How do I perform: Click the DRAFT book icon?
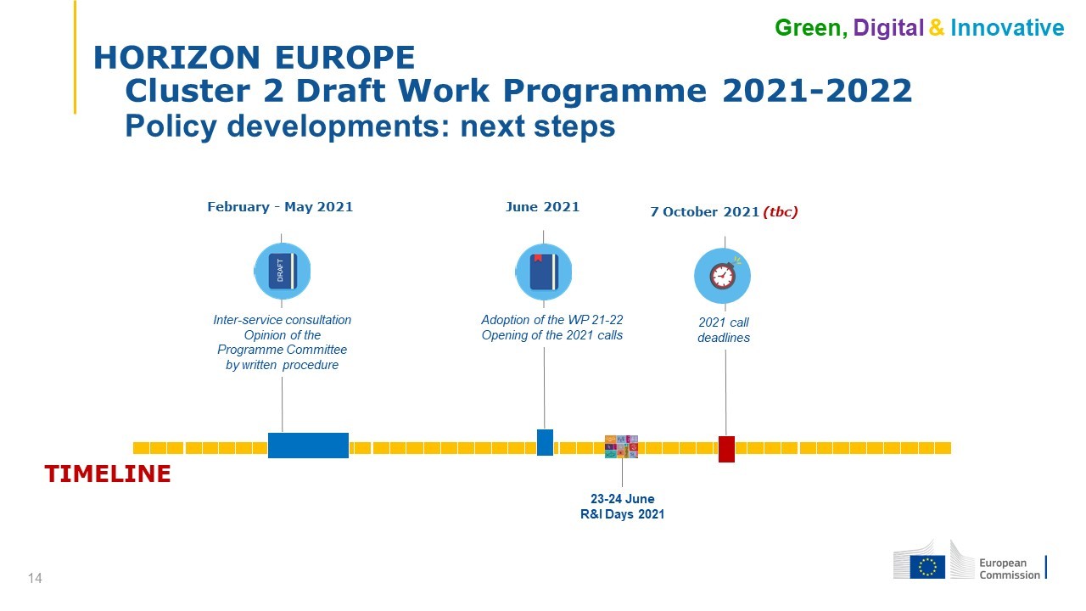tap(283, 271)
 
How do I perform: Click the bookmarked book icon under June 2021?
tap(544, 272)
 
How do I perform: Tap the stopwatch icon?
tap(722, 276)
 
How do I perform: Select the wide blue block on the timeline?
tap(308, 446)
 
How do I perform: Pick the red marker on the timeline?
tap(726, 449)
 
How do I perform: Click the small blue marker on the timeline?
tap(545, 442)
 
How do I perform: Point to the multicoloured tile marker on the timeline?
tap(621, 446)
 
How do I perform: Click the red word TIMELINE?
tap(108, 474)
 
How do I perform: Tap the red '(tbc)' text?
tap(781, 212)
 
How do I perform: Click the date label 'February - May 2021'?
tap(280, 207)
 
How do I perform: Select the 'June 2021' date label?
tap(542, 207)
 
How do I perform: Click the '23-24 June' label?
tap(623, 498)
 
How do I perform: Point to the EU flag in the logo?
tap(927, 567)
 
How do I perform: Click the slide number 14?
tap(35, 578)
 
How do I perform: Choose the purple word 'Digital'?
tap(888, 28)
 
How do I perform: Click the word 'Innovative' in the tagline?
tap(1007, 28)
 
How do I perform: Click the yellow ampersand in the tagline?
tap(937, 28)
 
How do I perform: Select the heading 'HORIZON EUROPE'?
tap(254, 58)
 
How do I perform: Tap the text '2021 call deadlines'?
tap(724, 330)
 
